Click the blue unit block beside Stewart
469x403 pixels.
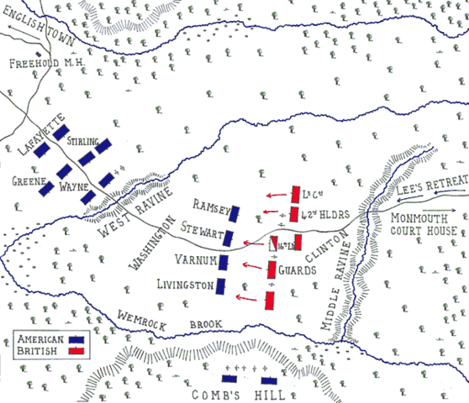(x=235, y=238)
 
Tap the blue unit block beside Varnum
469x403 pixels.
(x=224, y=263)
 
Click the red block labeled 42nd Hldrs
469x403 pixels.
(x=293, y=213)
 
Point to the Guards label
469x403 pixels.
(x=299, y=270)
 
